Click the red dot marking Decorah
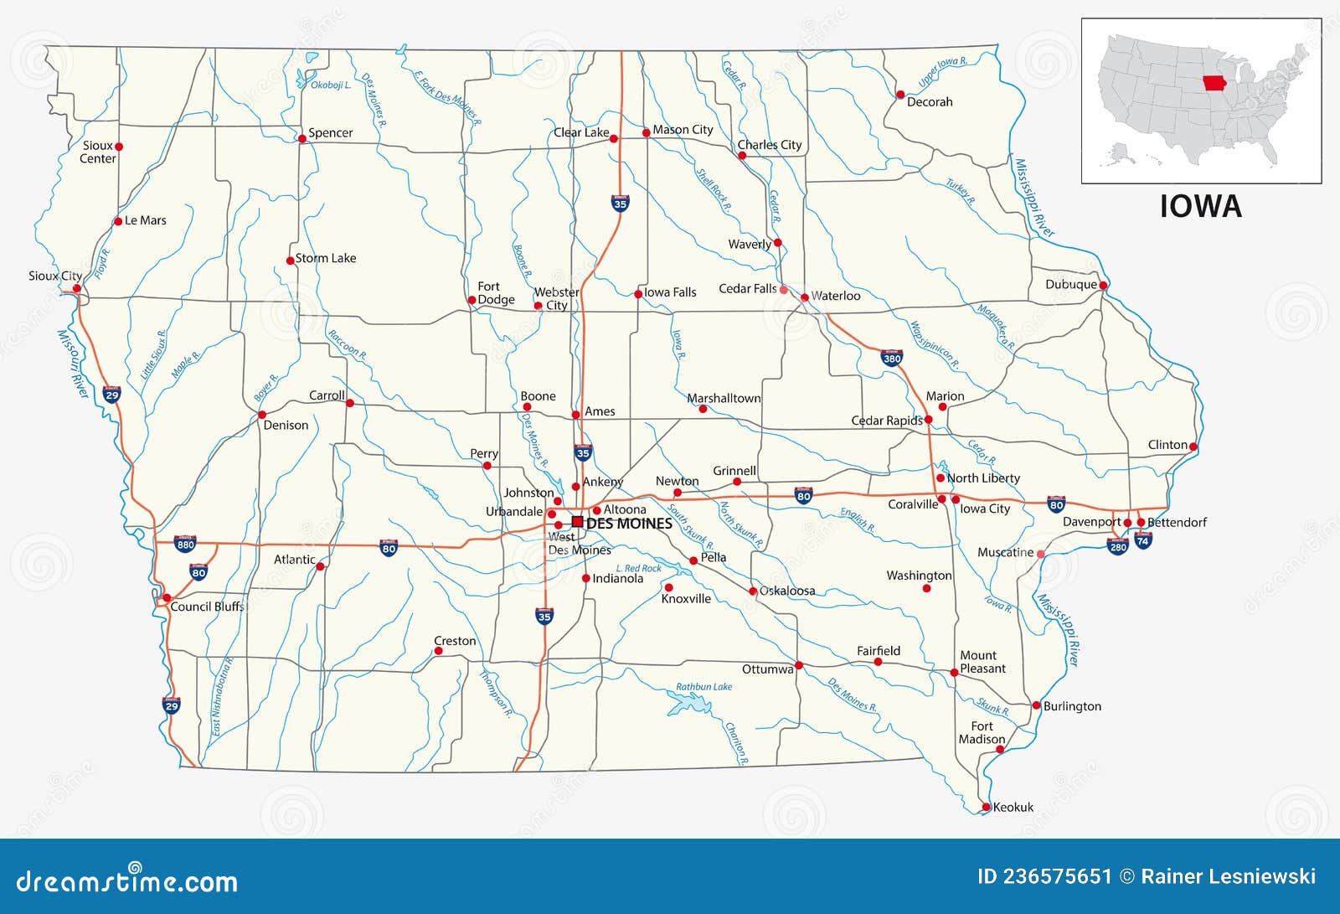point(900,95)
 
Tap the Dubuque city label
point(1070,285)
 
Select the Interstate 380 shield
point(892,358)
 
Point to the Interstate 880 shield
point(185,544)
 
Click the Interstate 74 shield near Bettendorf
point(1143,540)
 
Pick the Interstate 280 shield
point(1117,546)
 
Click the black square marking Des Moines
point(577,521)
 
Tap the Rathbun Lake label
point(703,687)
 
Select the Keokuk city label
point(1013,808)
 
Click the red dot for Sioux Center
point(119,147)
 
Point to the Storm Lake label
point(326,258)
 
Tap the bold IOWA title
point(1200,206)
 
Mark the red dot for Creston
point(438,651)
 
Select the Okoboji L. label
point(331,85)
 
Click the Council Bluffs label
point(207,607)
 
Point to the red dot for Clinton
point(1193,447)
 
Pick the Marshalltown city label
point(724,399)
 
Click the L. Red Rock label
point(638,568)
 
